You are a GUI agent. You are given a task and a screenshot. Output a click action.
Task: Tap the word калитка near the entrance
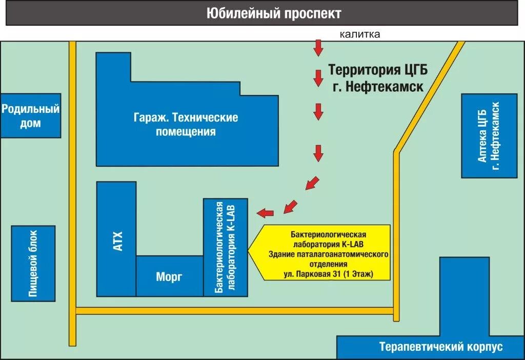coord(359,35)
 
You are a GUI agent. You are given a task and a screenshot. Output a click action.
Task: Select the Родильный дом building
coord(30,116)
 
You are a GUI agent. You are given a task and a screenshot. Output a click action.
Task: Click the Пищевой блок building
coord(33,263)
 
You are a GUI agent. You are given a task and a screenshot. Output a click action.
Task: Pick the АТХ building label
coord(117,241)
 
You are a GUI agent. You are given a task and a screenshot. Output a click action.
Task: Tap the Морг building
coord(169,277)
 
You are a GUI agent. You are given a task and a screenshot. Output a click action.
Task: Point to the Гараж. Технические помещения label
coord(186,125)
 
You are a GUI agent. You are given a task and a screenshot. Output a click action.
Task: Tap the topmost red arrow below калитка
coord(318,48)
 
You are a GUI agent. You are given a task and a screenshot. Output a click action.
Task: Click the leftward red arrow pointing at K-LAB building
coord(265,212)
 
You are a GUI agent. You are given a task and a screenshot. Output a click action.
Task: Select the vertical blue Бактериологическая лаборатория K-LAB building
coord(226,247)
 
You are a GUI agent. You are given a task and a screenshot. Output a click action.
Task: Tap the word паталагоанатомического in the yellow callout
coord(345,254)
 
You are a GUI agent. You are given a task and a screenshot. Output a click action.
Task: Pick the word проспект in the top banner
coord(312,13)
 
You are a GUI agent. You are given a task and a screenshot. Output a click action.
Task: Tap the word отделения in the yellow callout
coord(329,264)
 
